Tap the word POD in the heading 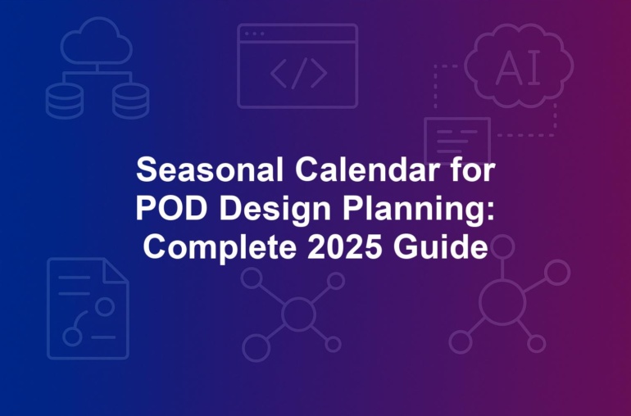[171, 208]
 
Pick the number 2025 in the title [345, 246]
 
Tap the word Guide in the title [441, 246]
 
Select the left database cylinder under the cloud [65, 102]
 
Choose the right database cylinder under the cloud [131, 102]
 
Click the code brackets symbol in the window [298, 73]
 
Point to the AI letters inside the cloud [518, 68]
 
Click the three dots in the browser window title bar [255, 34]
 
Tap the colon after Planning [490, 210]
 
